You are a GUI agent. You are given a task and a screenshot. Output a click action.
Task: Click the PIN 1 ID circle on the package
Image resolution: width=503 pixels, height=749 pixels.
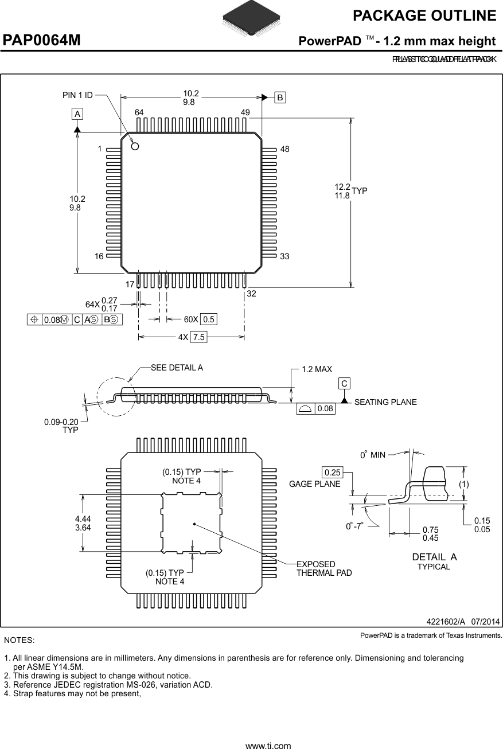pyautogui.click(x=135, y=146)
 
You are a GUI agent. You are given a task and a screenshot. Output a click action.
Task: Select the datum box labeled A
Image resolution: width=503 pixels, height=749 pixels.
pyautogui.click(x=77, y=114)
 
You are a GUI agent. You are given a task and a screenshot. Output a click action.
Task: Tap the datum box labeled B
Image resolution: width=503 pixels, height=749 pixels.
pyautogui.click(x=279, y=97)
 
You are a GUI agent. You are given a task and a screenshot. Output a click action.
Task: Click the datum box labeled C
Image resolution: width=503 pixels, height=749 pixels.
pyautogui.click(x=344, y=383)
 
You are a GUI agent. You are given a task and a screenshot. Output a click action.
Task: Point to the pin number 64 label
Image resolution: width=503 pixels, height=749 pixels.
pyautogui.click(x=139, y=112)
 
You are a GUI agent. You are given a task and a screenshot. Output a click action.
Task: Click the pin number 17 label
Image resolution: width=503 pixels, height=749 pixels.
pyautogui.click(x=129, y=284)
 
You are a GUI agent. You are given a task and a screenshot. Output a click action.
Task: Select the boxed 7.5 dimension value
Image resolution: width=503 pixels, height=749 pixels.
pyautogui.click(x=198, y=337)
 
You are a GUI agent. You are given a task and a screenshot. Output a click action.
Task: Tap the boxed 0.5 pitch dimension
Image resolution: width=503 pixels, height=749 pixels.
pyautogui.click(x=209, y=319)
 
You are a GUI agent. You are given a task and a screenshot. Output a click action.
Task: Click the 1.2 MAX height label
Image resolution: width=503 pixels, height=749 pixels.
pyautogui.click(x=317, y=370)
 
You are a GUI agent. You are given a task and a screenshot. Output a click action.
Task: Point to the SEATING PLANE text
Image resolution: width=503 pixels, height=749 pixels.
pyautogui.click(x=385, y=402)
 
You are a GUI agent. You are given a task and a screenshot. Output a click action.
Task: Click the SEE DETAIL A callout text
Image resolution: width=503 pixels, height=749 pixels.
pyautogui.click(x=177, y=368)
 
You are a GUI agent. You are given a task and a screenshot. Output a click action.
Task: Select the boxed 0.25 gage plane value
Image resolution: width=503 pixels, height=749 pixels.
pyautogui.click(x=332, y=473)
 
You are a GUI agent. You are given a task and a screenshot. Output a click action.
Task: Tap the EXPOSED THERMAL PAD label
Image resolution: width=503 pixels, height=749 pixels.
pyautogui.click(x=324, y=568)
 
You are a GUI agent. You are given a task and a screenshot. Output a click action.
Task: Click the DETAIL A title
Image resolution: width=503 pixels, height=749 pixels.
pyautogui.click(x=434, y=557)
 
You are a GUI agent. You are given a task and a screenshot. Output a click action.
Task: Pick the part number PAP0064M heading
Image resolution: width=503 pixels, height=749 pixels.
pyautogui.click(x=42, y=41)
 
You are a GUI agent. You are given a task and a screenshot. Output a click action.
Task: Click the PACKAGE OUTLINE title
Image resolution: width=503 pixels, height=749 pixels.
pyautogui.click(x=424, y=15)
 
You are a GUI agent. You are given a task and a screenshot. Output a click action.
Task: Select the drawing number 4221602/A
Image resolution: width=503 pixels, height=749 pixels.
pyautogui.click(x=445, y=622)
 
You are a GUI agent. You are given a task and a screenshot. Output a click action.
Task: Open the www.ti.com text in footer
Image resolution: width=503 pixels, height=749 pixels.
pyautogui.click(x=268, y=746)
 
